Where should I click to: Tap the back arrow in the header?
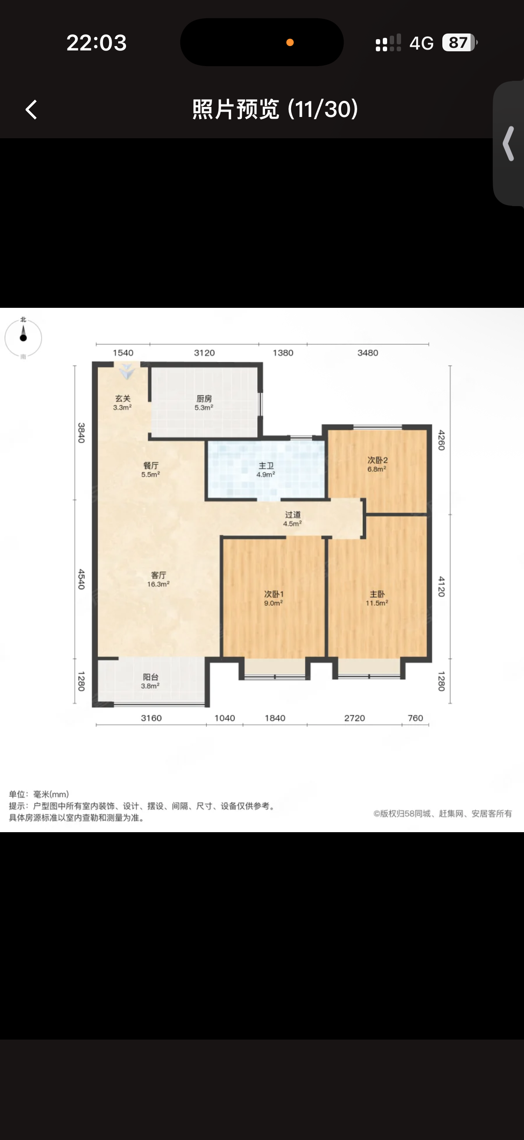pyautogui.click(x=31, y=109)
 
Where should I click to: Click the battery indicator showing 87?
pyautogui.click(x=459, y=43)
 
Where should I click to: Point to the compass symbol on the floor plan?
pyautogui.click(x=23, y=338)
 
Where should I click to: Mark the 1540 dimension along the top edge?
pyautogui.click(x=123, y=353)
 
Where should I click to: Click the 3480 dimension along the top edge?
pyautogui.click(x=368, y=353)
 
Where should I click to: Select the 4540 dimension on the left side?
pyautogui.click(x=81, y=579)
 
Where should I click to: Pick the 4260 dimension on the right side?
pyautogui.click(x=441, y=440)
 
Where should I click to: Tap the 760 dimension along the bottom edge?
pyautogui.click(x=415, y=718)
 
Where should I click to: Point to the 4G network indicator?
pyautogui.click(x=421, y=43)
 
